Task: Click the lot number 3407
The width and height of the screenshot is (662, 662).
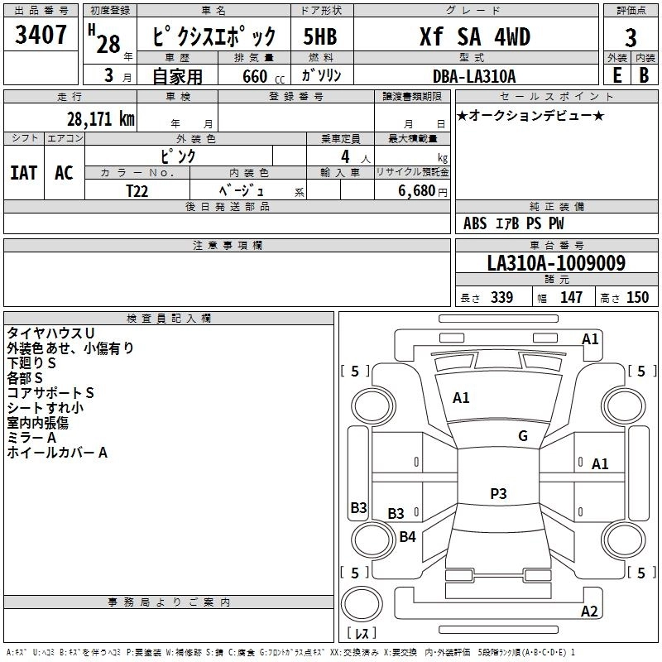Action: [x=41, y=35]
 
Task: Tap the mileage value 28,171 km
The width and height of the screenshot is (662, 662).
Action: [x=101, y=119]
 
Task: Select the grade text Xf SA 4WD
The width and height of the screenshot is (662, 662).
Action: [x=475, y=36]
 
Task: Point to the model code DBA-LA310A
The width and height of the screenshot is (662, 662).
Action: [x=474, y=76]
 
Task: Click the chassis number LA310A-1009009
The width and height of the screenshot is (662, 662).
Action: [x=556, y=263]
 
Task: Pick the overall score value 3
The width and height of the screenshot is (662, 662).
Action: [x=631, y=37]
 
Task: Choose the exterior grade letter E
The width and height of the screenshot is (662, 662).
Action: [x=616, y=75]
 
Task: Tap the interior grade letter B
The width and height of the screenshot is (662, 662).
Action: [x=645, y=75]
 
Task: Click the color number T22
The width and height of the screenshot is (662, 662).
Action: [x=137, y=191]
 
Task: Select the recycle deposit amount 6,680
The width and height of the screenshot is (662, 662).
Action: [x=417, y=191]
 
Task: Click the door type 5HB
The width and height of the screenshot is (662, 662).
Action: [x=320, y=36]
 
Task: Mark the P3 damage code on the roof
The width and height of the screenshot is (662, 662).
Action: [x=498, y=493]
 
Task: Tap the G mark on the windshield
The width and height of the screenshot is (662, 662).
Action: [x=523, y=435]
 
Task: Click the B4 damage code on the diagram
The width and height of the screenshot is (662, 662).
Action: [x=407, y=536]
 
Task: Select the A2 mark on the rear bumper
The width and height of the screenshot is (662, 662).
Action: [x=589, y=611]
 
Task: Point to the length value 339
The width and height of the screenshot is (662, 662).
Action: [x=501, y=297]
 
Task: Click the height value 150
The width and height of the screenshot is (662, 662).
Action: [x=637, y=297]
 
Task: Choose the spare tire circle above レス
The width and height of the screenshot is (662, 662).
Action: [x=362, y=604]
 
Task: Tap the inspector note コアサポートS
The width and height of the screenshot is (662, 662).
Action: [x=50, y=392]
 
